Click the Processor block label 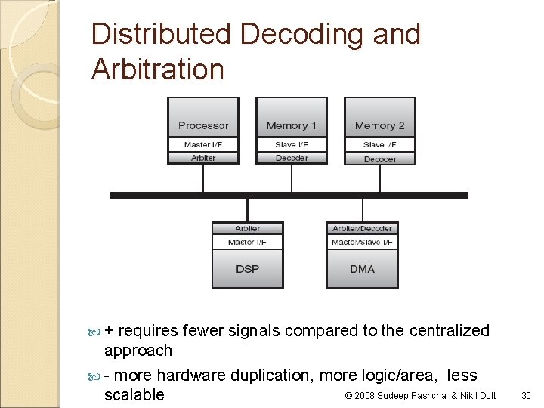(x=203, y=125)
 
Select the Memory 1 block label (x=292, y=125)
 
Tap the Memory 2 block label (x=380, y=125)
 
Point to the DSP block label (x=247, y=269)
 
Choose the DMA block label (x=362, y=269)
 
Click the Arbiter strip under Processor (x=203, y=158)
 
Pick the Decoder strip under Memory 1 (x=292, y=158)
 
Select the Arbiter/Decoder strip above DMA (x=362, y=228)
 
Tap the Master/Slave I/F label (x=362, y=242)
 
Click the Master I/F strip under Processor (x=203, y=144)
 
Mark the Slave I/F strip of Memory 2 (x=380, y=144)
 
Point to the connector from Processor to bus (x=203, y=178)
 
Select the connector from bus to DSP (x=247, y=209)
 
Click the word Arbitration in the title (x=158, y=70)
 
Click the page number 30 (x=527, y=395)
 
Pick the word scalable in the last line (x=134, y=394)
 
